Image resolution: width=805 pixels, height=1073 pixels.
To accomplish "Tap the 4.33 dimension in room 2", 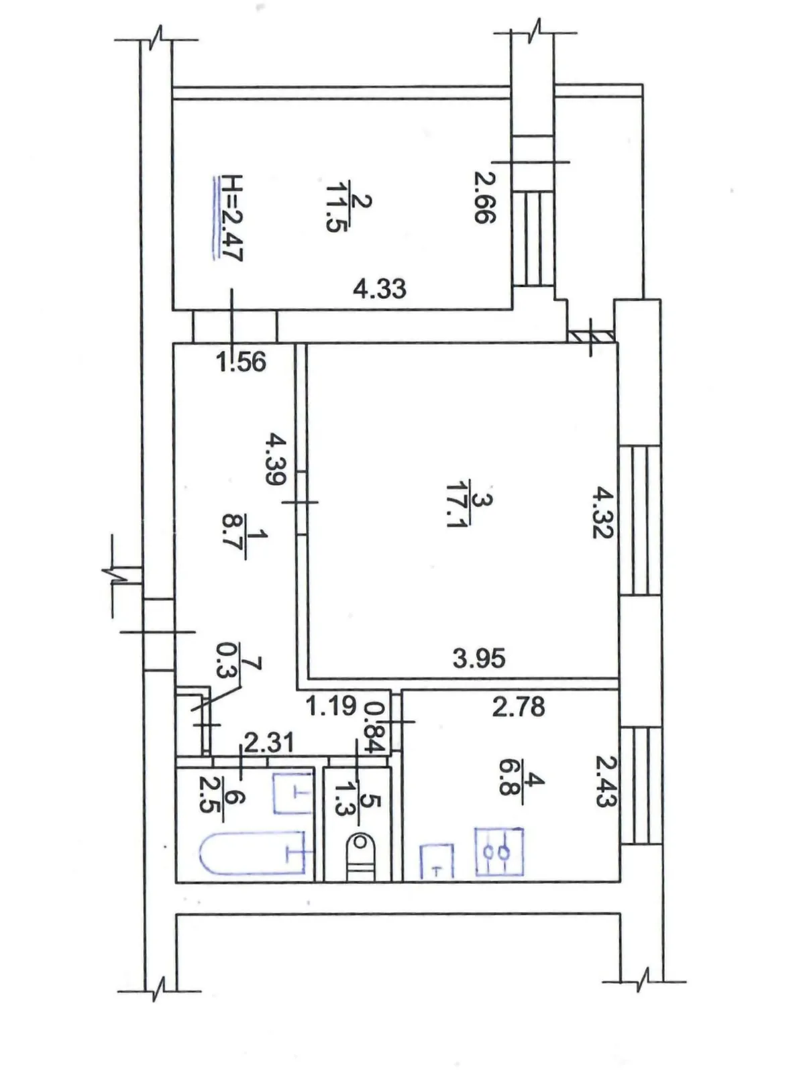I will click(380, 289).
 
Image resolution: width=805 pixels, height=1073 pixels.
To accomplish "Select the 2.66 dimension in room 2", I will click(484, 197).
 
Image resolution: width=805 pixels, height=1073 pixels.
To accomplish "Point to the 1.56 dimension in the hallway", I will click(241, 362).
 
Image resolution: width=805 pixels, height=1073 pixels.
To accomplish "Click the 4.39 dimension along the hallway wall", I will click(276, 459).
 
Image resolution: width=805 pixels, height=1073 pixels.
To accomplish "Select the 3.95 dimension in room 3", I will click(479, 659).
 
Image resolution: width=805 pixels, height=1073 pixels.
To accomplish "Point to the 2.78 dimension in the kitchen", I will click(519, 707).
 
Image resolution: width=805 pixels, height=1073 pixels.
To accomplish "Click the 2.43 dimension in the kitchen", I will click(605, 781).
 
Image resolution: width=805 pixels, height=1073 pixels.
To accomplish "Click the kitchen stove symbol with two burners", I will click(499, 852).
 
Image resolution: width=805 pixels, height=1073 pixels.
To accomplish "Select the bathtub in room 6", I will click(256, 852).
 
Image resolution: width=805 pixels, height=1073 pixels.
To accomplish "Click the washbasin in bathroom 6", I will click(294, 793).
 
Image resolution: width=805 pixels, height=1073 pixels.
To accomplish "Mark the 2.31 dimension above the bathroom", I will click(268, 742).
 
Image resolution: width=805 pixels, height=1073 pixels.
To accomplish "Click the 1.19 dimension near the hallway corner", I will click(331, 705).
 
